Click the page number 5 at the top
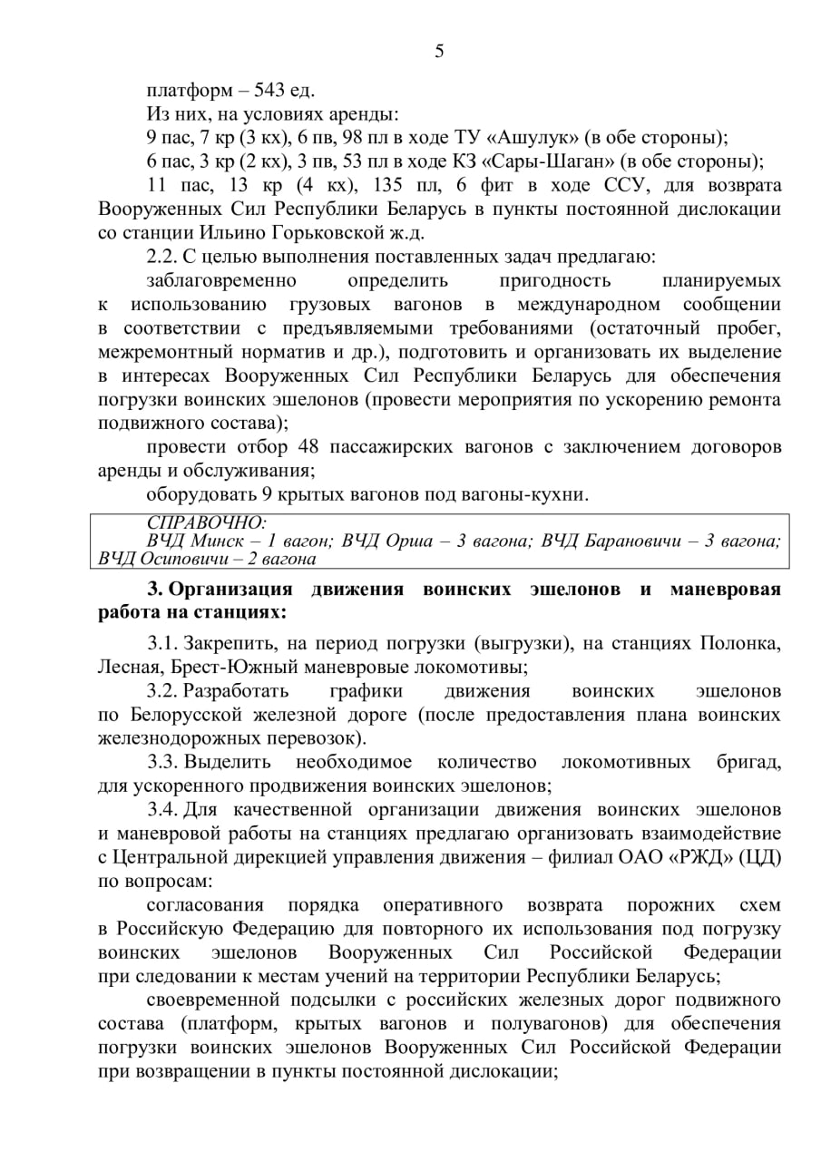point(439,52)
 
